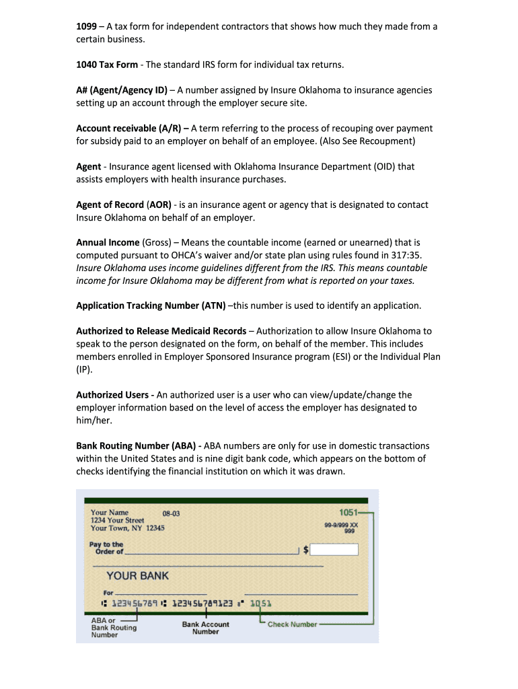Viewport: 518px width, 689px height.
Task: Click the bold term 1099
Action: [x=86, y=27]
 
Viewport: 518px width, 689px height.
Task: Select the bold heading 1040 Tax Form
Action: [x=107, y=65]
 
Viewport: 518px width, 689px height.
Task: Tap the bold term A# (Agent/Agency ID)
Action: [x=122, y=90]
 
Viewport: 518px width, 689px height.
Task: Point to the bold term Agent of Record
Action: [x=110, y=205]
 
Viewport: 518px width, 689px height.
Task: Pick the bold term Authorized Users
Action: [x=112, y=395]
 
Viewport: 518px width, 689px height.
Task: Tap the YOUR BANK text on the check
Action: [x=138, y=576]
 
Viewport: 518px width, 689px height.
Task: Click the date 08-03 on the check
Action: [x=172, y=514]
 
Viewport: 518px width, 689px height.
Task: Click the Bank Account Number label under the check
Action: [x=205, y=628]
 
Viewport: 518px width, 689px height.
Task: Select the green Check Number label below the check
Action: [x=292, y=624]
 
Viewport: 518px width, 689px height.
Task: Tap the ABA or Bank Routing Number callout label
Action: [x=113, y=628]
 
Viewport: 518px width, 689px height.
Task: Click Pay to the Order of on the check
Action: [x=107, y=548]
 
